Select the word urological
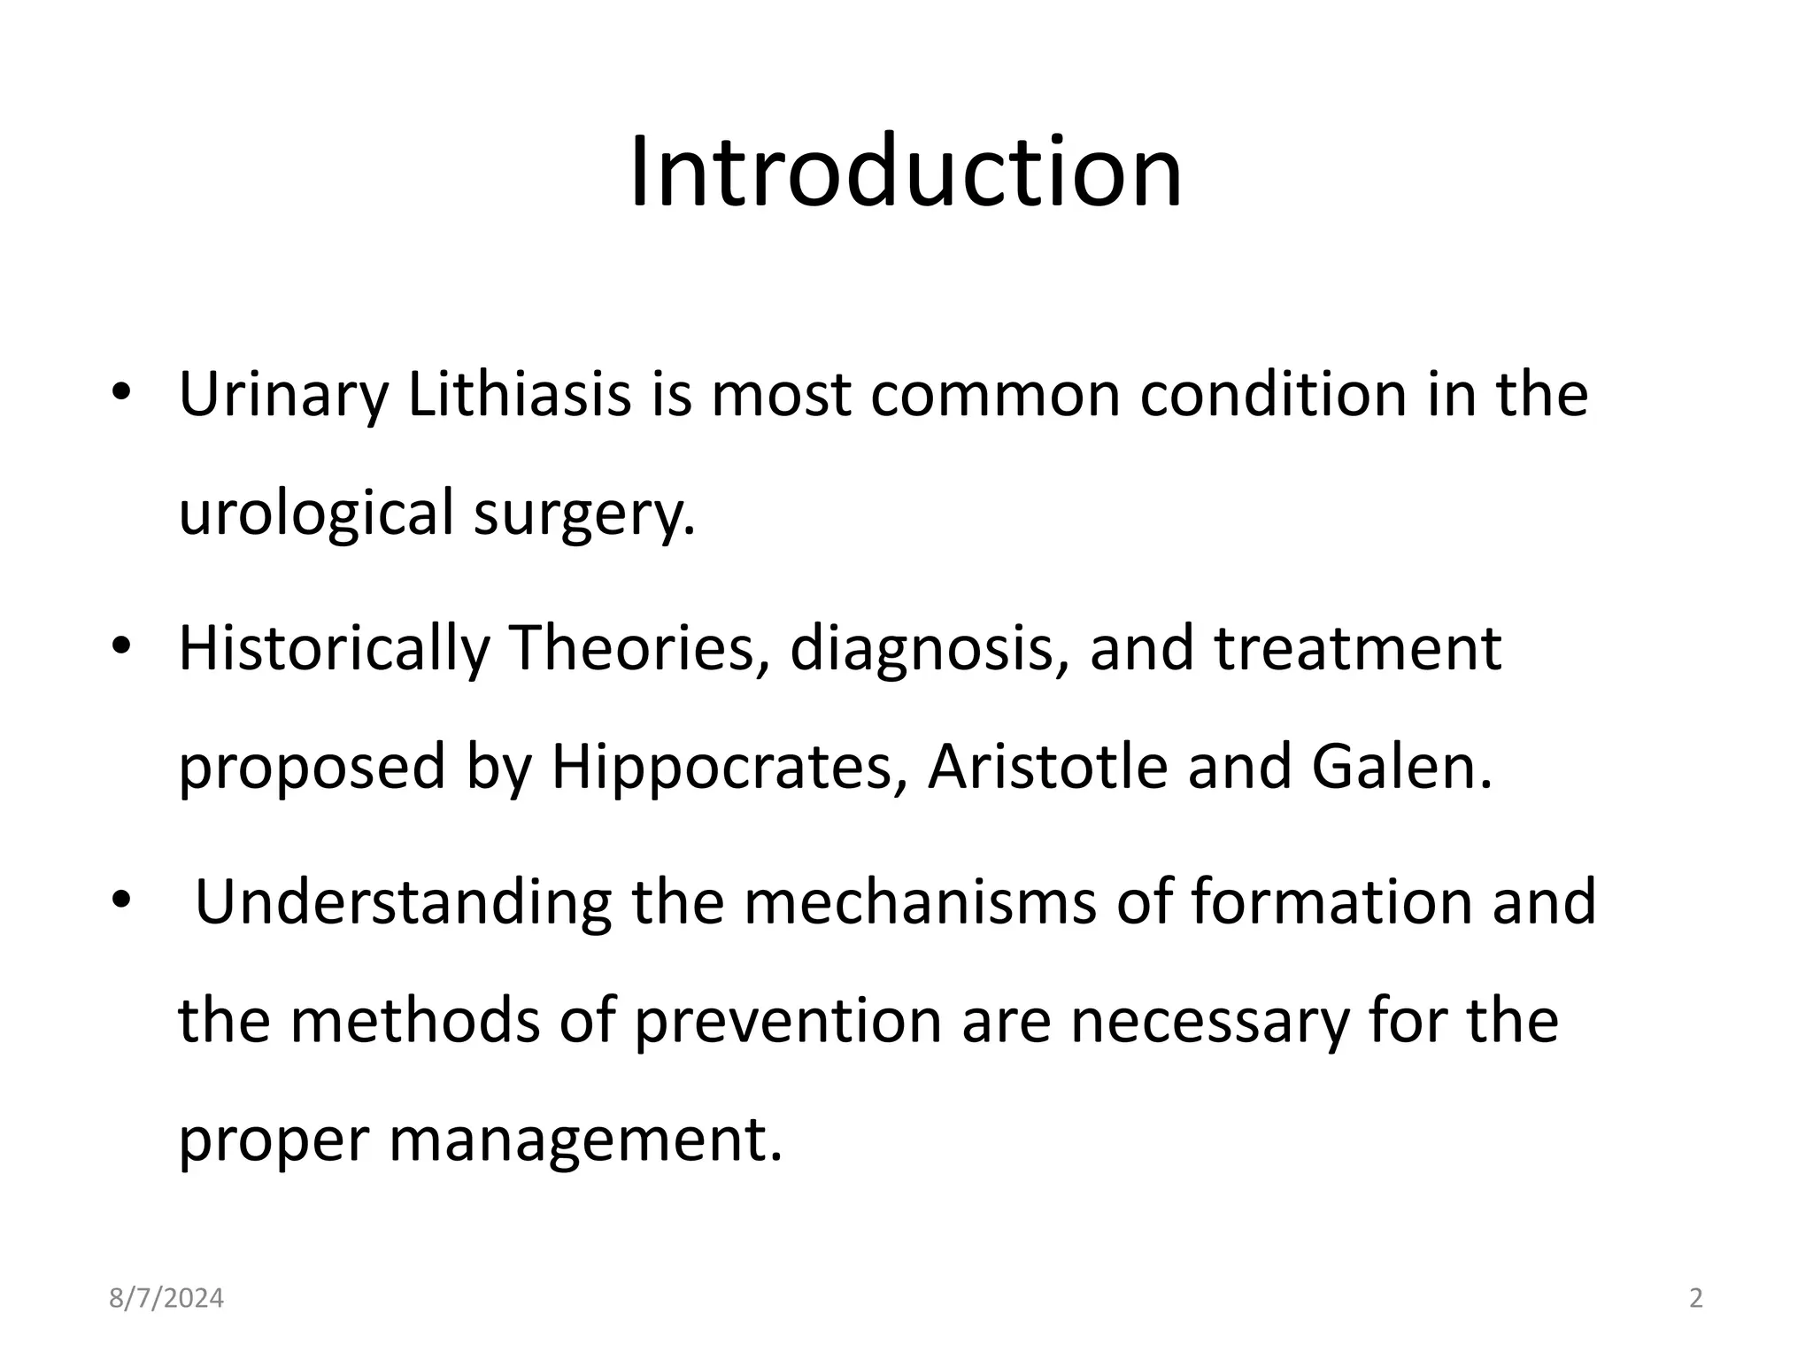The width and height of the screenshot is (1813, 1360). [316, 514]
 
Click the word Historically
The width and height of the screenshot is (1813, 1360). [334, 649]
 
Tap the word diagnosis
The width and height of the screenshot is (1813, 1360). [929, 649]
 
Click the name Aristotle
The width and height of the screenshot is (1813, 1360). [1047, 766]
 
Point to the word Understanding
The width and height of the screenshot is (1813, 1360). [403, 902]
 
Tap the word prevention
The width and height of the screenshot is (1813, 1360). [788, 1021]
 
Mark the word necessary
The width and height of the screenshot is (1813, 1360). [1210, 1021]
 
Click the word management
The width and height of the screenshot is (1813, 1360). [585, 1140]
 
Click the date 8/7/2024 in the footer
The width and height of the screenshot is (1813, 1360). [166, 1299]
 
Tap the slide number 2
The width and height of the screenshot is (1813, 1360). [1696, 1299]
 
